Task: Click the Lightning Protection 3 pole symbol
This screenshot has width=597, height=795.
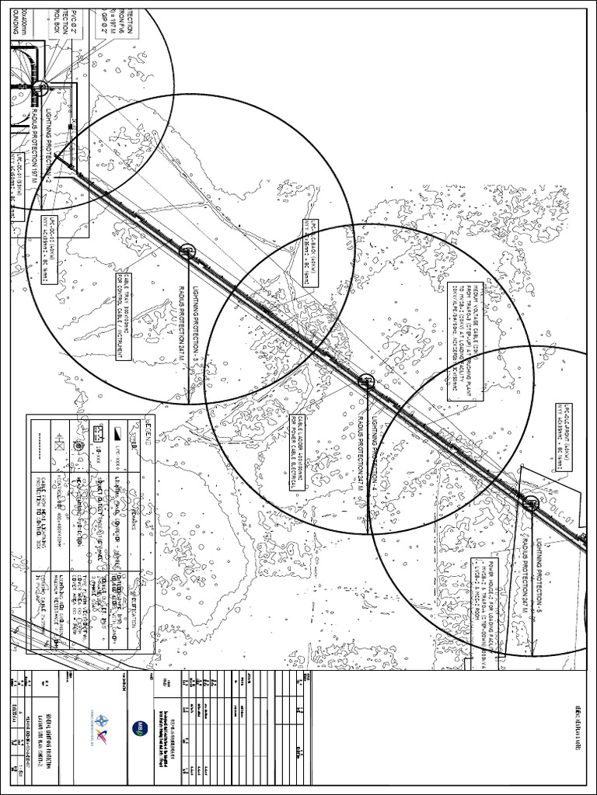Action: [186, 250]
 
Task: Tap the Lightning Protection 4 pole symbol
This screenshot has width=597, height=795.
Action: [365, 380]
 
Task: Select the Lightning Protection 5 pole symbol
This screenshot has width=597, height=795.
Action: [531, 502]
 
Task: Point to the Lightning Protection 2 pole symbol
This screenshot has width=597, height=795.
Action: [42, 88]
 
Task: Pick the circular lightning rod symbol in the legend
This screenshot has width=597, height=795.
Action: [79, 447]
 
